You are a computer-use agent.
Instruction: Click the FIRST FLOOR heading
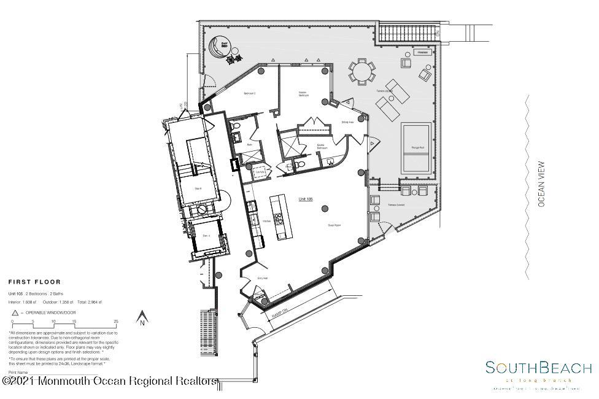coord(34,282)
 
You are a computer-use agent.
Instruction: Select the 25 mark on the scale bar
coord(115,322)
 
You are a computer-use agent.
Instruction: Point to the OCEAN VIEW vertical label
coord(541,184)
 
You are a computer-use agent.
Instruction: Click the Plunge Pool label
coord(419,149)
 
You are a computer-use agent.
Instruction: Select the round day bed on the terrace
coord(219,46)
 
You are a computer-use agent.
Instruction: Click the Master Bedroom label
coord(303,95)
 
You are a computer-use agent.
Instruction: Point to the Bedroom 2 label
coord(249,93)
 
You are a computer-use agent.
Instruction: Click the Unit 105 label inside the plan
coord(305,199)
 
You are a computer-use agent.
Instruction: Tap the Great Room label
coord(334,226)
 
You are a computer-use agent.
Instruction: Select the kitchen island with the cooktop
coord(279,217)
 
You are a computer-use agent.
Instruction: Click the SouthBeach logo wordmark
coord(538,368)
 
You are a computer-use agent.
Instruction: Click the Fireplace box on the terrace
coord(422,53)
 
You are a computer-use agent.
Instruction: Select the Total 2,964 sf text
coord(89,302)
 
